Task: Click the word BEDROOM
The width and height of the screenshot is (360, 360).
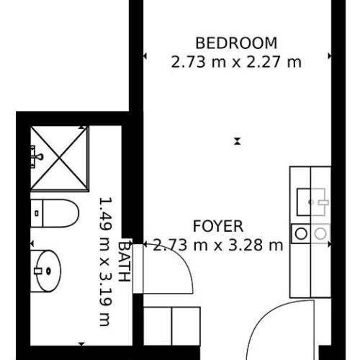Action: (236, 43)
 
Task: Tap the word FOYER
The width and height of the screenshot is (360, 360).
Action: (218, 226)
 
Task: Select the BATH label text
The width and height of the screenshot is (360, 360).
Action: (125, 261)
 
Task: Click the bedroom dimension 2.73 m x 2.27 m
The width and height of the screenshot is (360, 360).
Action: (236, 62)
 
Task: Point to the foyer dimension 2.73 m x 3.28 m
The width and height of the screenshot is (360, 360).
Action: (218, 246)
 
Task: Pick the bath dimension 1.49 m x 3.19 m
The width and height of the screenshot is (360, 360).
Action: (106, 262)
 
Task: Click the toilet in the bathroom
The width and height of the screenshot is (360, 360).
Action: (55, 213)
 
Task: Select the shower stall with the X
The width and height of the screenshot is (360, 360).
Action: (60, 158)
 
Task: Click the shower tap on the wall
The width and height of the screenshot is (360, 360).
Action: (37, 157)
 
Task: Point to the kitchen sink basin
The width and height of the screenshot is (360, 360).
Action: (311, 202)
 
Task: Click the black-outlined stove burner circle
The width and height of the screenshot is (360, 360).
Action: (301, 233)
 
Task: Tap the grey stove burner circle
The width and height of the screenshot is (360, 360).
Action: (320, 233)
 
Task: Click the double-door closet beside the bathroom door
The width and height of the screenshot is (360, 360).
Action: (172, 326)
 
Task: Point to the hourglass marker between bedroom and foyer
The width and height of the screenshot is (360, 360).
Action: (238, 141)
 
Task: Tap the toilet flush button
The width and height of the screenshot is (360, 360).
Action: (37, 213)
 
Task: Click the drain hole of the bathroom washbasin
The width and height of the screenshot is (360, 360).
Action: (49, 271)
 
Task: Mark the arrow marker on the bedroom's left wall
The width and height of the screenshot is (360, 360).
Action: (145, 56)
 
